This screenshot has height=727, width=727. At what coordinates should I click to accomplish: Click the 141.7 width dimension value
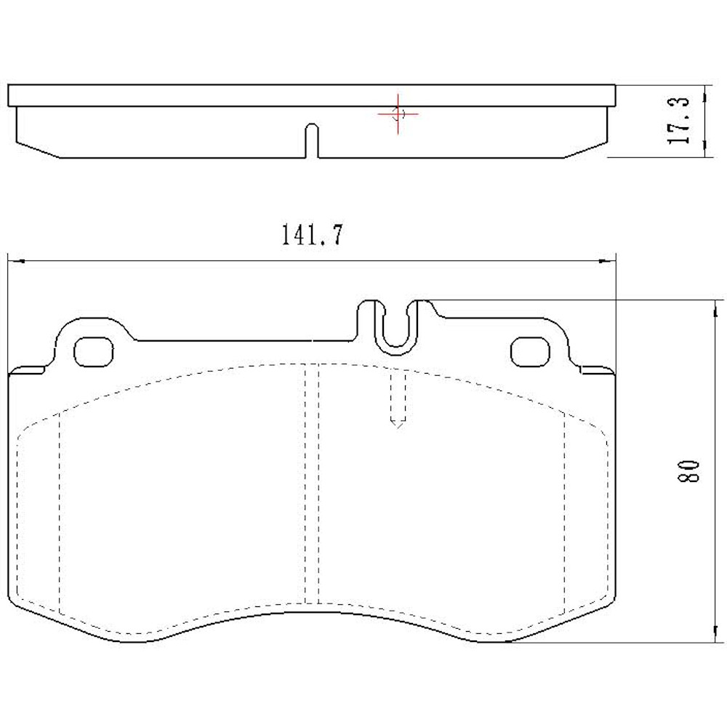coord(310,236)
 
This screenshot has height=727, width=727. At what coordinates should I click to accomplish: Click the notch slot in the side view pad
coord(311,138)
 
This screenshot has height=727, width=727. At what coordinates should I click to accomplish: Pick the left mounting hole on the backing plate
coord(95,351)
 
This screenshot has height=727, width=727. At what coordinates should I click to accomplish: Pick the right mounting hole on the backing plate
coord(530,352)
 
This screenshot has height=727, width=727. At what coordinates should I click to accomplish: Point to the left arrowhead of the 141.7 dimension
coord(13,260)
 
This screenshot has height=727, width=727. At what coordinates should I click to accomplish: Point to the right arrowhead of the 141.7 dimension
coord(609,260)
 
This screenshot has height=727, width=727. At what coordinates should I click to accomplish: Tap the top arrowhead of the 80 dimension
coord(712,305)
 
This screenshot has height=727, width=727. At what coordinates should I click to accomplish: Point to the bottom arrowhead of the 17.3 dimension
coord(704,153)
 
